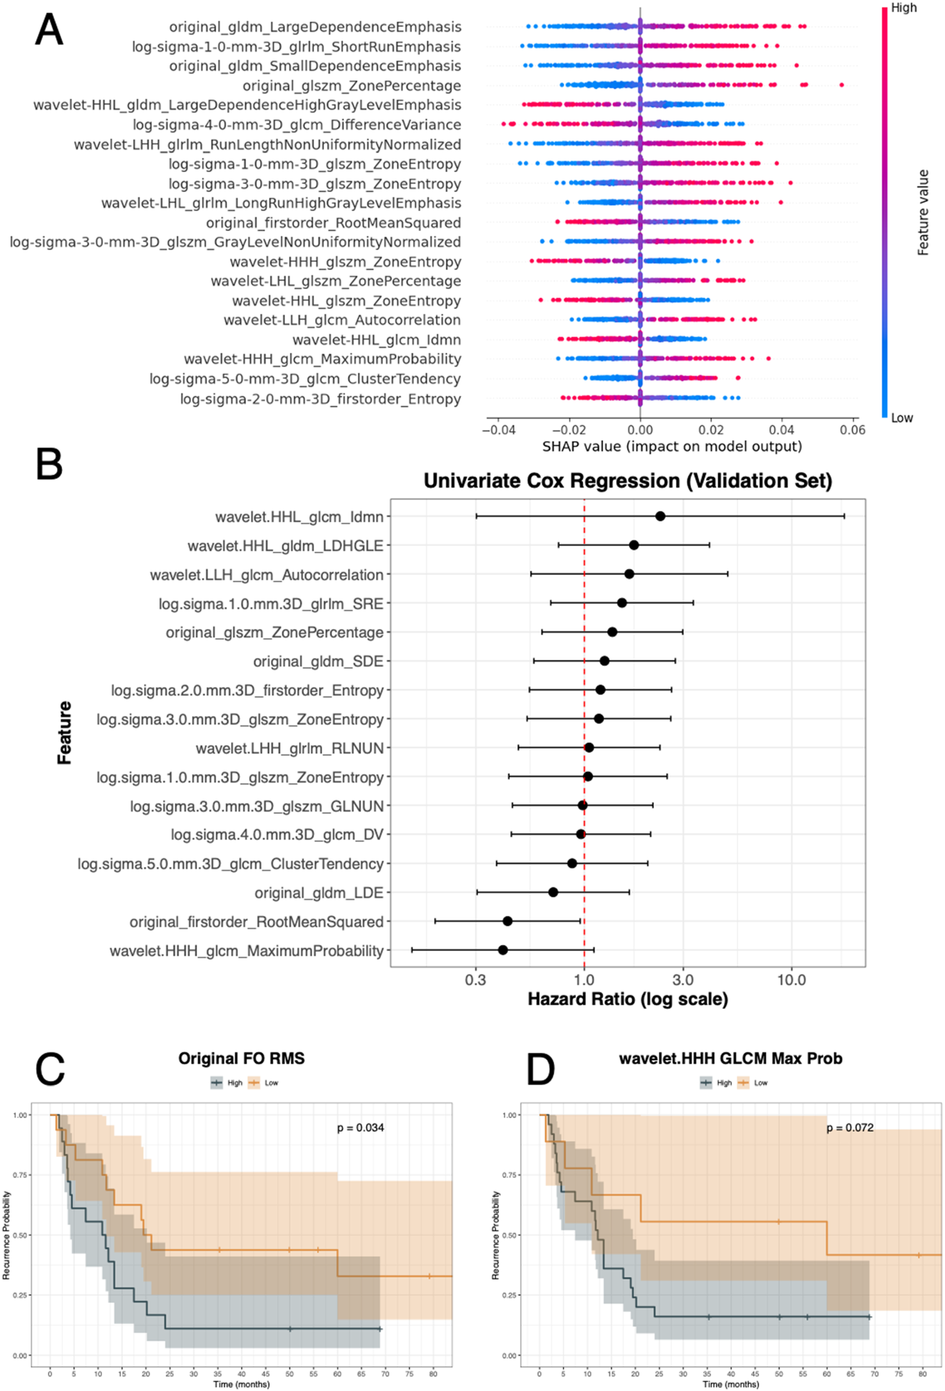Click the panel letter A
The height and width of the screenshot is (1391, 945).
click(48, 30)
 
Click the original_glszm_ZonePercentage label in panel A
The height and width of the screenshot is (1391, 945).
click(351, 86)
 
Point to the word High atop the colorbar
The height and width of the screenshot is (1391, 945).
click(903, 8)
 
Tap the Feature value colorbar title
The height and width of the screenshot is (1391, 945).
click(923, 212)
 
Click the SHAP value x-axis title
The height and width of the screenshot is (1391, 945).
click(672, 447)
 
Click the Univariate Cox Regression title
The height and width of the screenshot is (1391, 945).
click(627, 481)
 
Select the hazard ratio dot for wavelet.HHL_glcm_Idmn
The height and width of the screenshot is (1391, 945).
click(660, 516)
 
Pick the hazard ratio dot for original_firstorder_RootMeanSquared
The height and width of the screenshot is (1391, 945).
click(508, 920)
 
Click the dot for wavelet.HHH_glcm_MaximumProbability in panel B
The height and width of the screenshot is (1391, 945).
click(502, 950)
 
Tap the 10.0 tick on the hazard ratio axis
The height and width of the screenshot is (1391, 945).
click(791, 980)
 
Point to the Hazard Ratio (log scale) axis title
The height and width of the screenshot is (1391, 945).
click(627, 999)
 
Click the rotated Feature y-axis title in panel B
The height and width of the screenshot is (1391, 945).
click(65, 732)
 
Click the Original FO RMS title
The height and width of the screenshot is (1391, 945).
click(241, 1058)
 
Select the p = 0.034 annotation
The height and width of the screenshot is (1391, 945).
click(361, 1127)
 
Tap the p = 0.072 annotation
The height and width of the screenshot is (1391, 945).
click(850, 1127)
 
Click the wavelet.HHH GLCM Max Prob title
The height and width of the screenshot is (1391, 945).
click(730, 1058)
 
